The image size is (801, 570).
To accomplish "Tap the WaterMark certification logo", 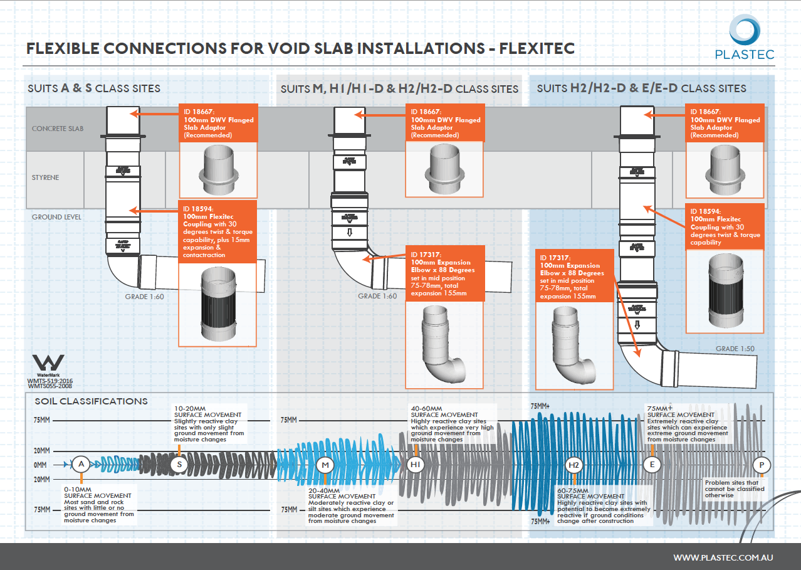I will click(48, 363).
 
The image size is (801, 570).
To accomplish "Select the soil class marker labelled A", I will click(80, 464).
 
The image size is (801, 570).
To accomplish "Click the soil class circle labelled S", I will click(179, 464).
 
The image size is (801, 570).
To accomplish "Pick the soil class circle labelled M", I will click(325, 465).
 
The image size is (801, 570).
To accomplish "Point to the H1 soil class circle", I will click(415, 465).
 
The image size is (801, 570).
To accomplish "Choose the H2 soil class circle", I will click(574, 465).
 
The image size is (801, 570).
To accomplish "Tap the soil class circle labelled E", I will click(652, 464).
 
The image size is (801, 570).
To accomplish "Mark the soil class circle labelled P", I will click(762, 465).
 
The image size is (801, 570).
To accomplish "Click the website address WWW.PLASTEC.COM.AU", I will click(723, 557).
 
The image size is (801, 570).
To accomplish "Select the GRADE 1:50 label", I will click(736, 349).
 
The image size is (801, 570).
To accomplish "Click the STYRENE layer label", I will click(46, 177).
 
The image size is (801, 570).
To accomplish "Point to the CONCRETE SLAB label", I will click(58, 129).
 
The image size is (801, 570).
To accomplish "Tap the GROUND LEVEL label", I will click(56, 217).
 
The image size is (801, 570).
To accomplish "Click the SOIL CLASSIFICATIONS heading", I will click(92, 401).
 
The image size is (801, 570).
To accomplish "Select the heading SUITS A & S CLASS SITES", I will click(94, 88).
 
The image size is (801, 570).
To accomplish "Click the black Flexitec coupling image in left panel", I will click(218, 305).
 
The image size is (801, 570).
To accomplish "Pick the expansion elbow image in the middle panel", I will click(444, 342).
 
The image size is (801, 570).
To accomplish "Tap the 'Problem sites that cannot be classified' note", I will click(732, 488).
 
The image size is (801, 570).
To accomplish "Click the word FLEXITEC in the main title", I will click(537, 48).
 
